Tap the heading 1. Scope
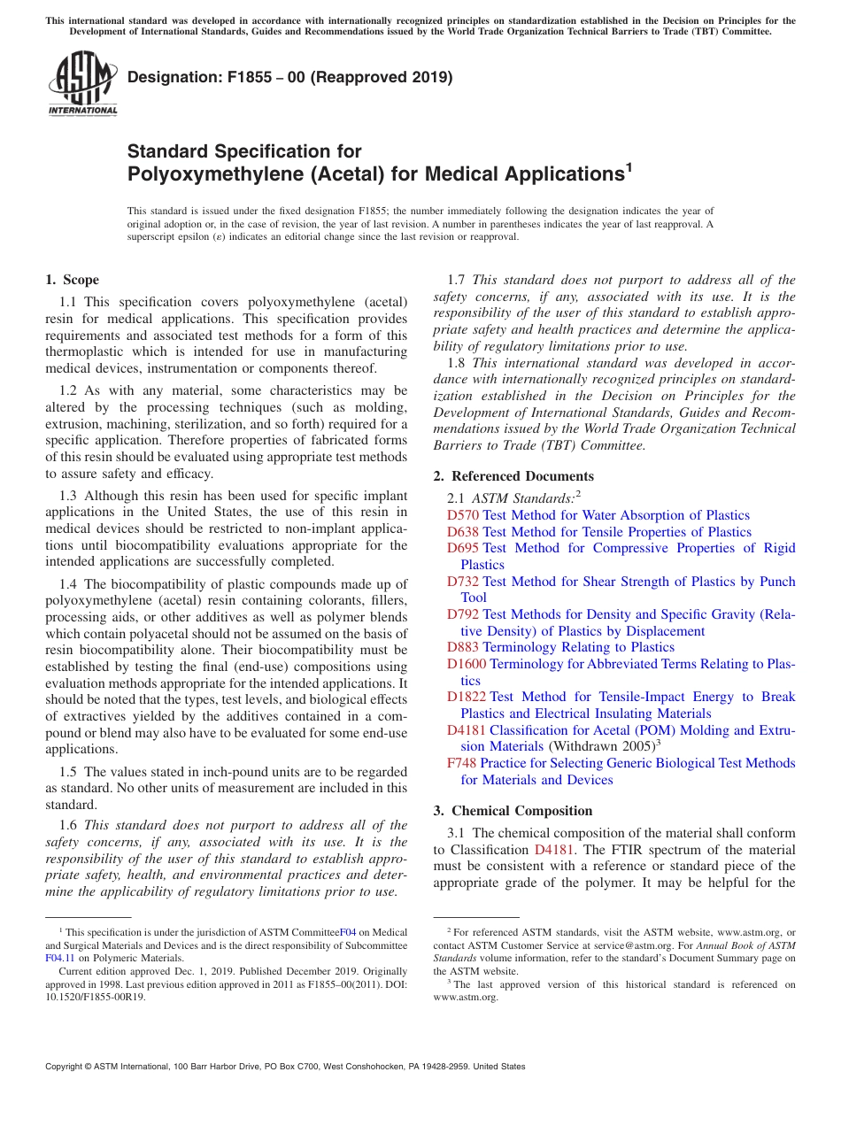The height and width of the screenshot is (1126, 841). point(72,280)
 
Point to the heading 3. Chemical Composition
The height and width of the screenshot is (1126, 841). point(513,810)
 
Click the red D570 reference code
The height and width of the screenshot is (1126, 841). point(463,515)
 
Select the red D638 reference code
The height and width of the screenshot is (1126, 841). point(463,532)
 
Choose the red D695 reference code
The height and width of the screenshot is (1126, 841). point(463,548)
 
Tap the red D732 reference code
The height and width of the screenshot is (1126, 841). point(463,581)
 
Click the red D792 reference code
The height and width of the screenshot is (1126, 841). point(463,613)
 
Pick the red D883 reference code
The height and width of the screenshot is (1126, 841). point(463,647)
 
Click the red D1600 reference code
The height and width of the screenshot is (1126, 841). point(467,664)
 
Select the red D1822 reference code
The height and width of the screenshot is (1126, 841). point(467,697)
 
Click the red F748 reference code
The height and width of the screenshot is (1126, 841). point(462,763)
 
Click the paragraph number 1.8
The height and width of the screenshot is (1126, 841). point(458,363)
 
